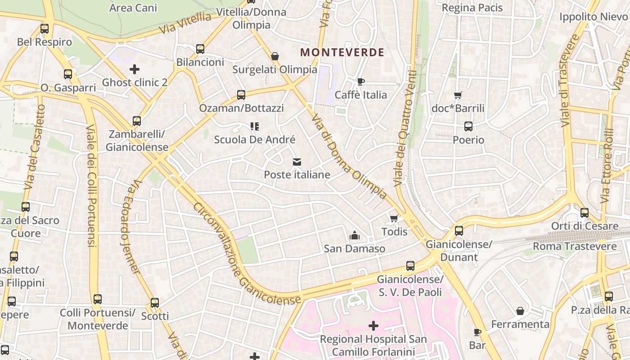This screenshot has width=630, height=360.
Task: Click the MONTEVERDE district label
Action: [x=342, y=53]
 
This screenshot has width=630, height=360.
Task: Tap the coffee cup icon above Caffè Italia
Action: [x=360, y=81]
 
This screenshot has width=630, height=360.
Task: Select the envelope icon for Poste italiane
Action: [x=297, y=162]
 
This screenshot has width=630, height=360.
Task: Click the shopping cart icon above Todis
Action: [x=394, y=219]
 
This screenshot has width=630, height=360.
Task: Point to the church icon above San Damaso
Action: [x=355, y=235]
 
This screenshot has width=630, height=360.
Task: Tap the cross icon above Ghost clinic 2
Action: [x=134, y=69]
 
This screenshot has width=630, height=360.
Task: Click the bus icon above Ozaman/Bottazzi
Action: [x=241, y=95]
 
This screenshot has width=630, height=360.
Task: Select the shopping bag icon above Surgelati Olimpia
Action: [x=274, y=56]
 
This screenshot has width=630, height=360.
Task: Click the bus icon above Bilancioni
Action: [x=200, y=49]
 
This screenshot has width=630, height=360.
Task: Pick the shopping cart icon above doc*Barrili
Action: [x=458, y=95]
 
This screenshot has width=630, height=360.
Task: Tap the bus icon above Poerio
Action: [x=468, y=126]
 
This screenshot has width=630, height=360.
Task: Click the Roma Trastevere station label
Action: [x=575, y=247]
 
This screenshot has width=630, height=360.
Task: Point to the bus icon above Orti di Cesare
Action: [x=585, y=213]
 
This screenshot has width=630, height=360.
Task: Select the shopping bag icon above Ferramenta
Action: [x=520, y=311]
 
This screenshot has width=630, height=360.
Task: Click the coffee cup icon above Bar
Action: [x=477, y=332]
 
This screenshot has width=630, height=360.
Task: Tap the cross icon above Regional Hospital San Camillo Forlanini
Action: [x=373, y=325]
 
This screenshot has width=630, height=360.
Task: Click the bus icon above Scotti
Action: [x=155, y=303]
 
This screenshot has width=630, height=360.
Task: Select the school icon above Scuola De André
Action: [x=255, y=126]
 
